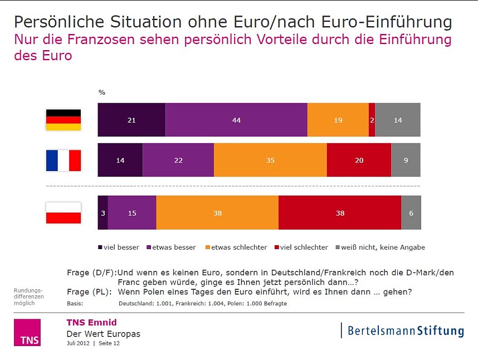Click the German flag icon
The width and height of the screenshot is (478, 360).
[x=63, y=120]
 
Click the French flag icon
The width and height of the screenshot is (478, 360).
[x=63, y=160]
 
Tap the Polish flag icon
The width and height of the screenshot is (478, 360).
[x=63, y=212]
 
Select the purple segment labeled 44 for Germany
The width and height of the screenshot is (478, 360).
[x=236, y=120]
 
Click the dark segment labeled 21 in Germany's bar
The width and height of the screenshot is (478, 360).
[x=131, y=120]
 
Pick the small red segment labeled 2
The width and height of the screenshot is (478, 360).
[x=372, y=120]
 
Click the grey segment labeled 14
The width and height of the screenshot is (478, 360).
[x=398, y=120]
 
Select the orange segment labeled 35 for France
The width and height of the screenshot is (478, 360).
[x=270, y=160]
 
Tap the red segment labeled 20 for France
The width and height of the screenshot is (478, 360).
[x=359, y=160]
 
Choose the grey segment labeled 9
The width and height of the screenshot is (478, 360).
[x=406, y=160]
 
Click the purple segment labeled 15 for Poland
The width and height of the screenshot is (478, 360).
[x=132, y=212]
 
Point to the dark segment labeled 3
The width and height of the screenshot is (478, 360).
[x=103, y=212]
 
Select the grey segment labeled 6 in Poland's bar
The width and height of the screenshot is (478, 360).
[x=411, y=212]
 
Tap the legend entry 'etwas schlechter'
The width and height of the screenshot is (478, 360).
[x=237, y=247]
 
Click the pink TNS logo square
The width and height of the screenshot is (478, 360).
[x=27, y=332]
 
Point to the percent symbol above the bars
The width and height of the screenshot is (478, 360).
[x=101, y=93]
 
